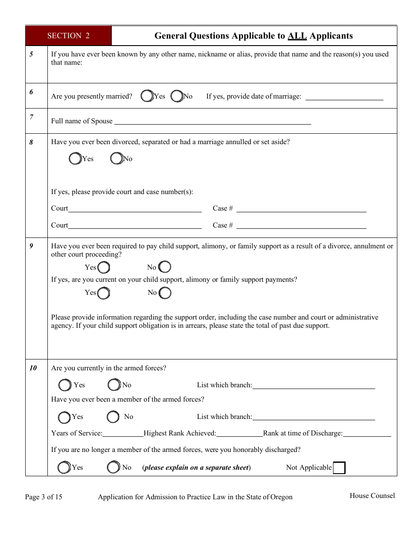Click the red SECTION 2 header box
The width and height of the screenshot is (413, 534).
[x=68, y=36]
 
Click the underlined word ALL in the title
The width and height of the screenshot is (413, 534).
[x=297, y=36]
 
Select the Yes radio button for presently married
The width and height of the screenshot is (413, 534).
[x=147, y=96]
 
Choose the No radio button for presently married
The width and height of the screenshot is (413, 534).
[x=177, y=96]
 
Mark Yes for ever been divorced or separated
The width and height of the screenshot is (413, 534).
[x=75, y=159]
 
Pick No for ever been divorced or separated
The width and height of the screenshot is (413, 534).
[x=117, y=159]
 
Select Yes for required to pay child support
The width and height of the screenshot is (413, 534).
[x=103, y=267]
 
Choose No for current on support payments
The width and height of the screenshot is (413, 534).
[x=165, y=293]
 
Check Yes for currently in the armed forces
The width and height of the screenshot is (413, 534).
[x=65, y=385]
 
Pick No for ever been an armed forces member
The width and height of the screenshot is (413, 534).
[x=113, y=417]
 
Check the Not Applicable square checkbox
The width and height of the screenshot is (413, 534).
[x=339, y=468]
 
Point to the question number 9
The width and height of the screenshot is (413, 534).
[x=31, y=246]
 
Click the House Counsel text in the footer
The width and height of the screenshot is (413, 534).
[x=372, y=495]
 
